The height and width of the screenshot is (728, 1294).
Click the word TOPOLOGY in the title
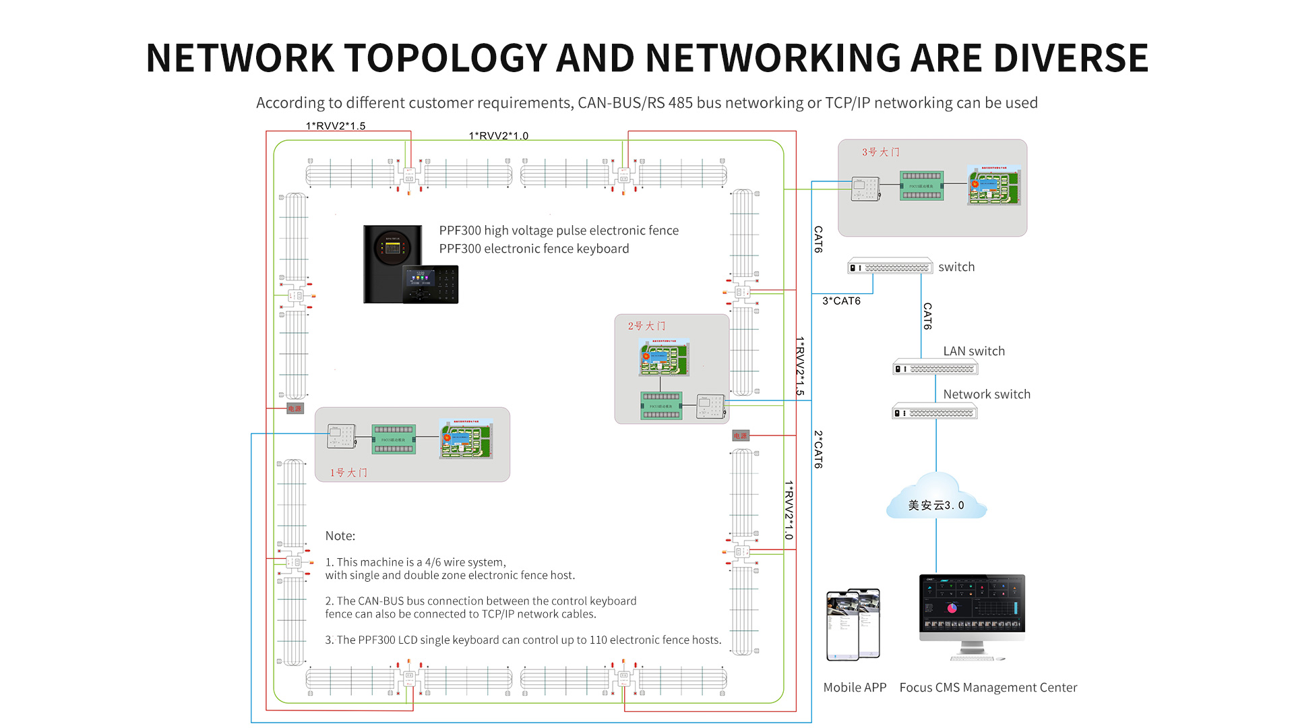(445, 58)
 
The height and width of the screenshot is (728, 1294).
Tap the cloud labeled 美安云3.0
(936, 499)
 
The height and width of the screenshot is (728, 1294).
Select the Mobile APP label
(855, 688)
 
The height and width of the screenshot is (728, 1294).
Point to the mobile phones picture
(853, 624)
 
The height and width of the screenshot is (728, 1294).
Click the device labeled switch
(890, 267)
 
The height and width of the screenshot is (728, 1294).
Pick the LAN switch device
(935, 369)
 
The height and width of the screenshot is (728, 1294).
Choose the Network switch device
(935, 413)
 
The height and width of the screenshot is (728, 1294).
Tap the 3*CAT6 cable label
(841, 301)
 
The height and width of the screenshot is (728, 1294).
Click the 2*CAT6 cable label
(818, 450)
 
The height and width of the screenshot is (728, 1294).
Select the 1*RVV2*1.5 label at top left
(336, 126)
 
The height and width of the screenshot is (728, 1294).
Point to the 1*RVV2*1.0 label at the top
(499, 136)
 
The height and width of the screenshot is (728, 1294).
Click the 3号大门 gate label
(880, 152)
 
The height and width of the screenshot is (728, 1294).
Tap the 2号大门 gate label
(646, 326)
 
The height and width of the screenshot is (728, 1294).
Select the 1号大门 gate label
(348, 473)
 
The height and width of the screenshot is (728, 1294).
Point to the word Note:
(340, 536)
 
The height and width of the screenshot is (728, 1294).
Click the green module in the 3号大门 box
(921, 185)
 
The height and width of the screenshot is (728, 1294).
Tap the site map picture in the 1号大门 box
(466, 439)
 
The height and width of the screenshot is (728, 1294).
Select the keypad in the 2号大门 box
(710, 406)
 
